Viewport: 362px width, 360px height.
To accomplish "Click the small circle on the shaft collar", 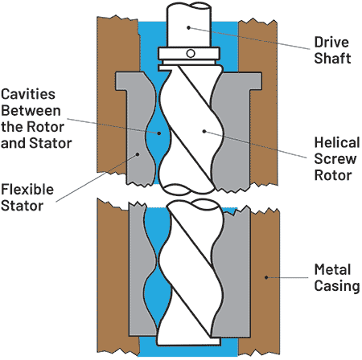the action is click(x=191, y=54).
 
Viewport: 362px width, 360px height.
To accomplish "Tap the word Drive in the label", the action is click(x=331, y=43).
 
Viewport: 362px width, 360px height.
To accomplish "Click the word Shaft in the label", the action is click(x=332, y=59).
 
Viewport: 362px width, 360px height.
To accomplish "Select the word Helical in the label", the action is click(x=337, y=142).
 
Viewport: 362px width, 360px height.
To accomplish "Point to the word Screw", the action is click(x=335, y=159).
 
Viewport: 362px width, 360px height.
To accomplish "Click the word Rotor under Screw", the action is click(x=333, y=175).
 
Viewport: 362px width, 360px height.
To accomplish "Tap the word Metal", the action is click(x=332, y=269).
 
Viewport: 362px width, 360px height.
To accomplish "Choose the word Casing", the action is click(x=337, y=286).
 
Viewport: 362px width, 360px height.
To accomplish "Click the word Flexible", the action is click(x=27, y=190).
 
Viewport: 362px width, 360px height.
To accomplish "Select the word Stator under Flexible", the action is click(x=23, y=206).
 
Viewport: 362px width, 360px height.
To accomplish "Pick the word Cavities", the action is click(x=28, y=94).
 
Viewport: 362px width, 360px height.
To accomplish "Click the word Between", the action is click(x=31, y=111).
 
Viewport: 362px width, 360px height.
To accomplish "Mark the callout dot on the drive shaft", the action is click(x=189, y=27).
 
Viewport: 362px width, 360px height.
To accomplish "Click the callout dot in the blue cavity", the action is click(x=158, y=133).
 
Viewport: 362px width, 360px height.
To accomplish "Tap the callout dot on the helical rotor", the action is click(x=204, y=132).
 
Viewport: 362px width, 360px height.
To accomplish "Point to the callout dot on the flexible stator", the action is click(x=138, y=154).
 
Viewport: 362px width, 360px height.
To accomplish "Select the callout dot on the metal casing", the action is click(x=266, y=277).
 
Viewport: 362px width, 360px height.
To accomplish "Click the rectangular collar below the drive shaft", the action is click(x=189, y=54).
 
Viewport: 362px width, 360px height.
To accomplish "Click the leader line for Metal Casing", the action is click(x=287, y=277).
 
